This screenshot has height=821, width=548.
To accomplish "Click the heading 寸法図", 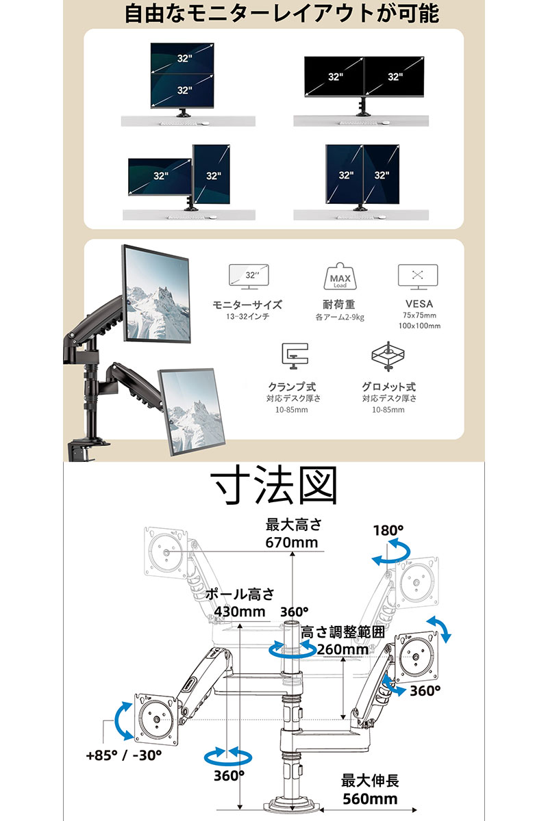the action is click(273, 485).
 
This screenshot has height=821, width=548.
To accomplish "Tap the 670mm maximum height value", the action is click(291, 543).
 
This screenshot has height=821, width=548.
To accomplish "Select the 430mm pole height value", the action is click(239, 612).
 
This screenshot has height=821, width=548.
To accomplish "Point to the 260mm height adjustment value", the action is click(342, 649).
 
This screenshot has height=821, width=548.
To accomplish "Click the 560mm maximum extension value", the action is click(370, 799).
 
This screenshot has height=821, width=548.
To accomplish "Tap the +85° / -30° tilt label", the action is click(124, 755).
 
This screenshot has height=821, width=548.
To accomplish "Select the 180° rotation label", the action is click(388, 530).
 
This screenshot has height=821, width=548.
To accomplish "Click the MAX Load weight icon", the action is click(340, 276).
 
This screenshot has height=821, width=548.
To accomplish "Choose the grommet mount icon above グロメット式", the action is click(388, 356).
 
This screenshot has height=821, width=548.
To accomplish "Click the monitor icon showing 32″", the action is click(249, 276).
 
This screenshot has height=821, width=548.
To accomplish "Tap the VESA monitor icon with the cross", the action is click(418, 276).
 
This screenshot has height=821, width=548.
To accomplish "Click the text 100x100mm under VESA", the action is click(419, 326).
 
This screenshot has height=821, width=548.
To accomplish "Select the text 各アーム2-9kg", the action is click(340, 317).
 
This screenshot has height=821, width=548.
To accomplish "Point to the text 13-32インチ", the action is click(247, 316).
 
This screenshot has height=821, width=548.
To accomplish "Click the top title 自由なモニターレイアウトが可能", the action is click(282, 14).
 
